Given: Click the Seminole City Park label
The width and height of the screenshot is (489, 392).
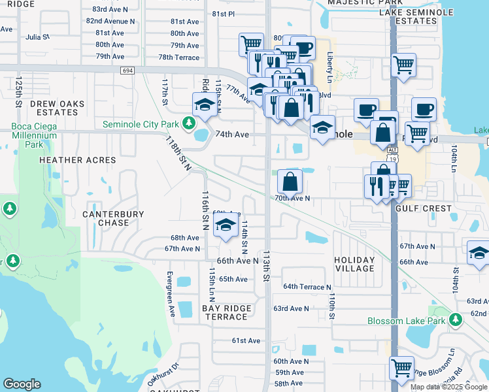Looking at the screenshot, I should point(143,123).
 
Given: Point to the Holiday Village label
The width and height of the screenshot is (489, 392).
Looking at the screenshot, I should point(355,264).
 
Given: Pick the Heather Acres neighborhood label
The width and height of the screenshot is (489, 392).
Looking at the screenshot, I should point(77,160).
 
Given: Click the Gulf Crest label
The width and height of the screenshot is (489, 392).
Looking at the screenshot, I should point(424,208).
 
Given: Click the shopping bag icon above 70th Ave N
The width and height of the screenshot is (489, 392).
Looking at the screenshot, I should point(290,181).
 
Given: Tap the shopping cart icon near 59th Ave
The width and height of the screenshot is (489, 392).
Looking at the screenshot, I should point(401,367).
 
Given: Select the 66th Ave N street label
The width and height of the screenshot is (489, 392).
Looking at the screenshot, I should point(238,261).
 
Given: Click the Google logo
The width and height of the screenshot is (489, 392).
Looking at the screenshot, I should point(22,384).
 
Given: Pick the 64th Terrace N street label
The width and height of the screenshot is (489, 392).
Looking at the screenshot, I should point(307,287).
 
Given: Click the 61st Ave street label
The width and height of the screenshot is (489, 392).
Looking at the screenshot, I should point(246,340).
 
